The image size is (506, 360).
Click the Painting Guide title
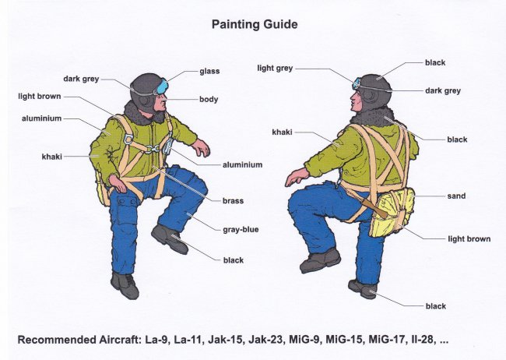coord(255,25)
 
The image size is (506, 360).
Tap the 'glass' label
coord(209,71)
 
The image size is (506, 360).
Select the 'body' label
coord(209,99)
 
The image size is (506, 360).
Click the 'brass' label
coord(233,201)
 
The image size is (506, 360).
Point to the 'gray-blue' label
coord(241,230)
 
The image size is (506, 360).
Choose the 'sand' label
coord(456,196)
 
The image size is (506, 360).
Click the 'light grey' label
coord(275,69)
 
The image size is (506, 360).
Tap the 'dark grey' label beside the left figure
coord(81,79)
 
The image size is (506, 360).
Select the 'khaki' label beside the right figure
coord(282,132)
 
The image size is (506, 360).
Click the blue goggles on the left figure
coord(163,86)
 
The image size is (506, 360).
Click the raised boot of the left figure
coord(169,238)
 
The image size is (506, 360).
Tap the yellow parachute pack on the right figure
coord(392,212)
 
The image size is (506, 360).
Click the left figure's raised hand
coord(202,148)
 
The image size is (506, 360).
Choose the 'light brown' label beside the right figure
coord(469,238)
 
